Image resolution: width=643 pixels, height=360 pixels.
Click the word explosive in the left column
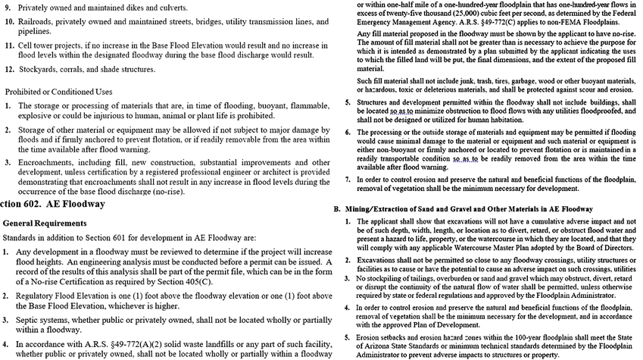coord(35,119)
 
